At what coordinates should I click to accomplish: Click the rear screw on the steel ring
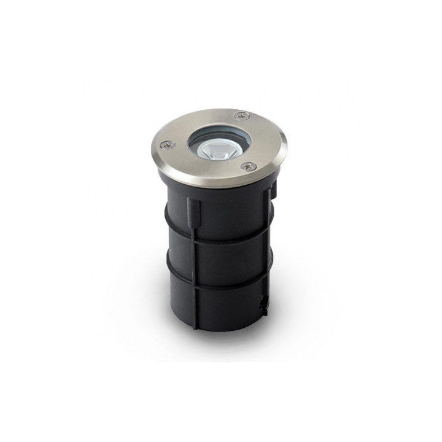(241, 115)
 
